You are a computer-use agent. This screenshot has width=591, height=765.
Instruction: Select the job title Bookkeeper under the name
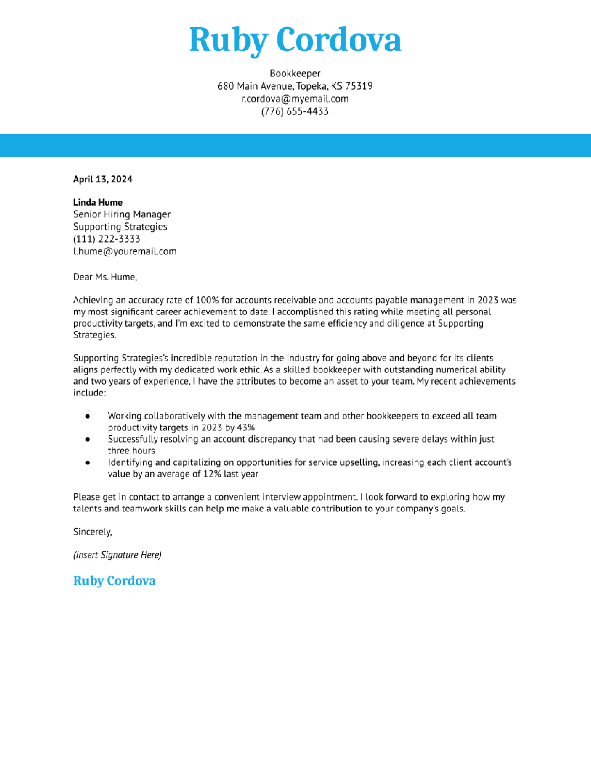pos(295,73)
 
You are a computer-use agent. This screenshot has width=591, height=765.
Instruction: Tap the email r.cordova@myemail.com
pos(295,99)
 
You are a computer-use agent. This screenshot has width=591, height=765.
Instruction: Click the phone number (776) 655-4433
pos(295,111)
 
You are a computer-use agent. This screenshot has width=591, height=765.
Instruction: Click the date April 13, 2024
pos(103,179)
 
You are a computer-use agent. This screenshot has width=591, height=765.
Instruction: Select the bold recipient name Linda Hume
pos(98,202)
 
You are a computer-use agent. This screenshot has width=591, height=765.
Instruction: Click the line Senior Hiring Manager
pos(121,214)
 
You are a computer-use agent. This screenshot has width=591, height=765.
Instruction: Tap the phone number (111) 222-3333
pos(107,239)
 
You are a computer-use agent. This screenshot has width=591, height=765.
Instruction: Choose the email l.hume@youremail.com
pos(125,251)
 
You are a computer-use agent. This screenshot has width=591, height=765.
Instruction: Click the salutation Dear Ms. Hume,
pos(105,277)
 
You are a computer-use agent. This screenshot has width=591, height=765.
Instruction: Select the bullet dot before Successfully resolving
pos(88,439)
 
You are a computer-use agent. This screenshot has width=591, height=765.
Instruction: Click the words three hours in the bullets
pos(131,451)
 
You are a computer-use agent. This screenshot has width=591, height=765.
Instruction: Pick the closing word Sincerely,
pos(92,532)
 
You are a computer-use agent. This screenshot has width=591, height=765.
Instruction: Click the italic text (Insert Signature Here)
pos(117,555)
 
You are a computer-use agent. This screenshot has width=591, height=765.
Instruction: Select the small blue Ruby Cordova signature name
pos(114,581)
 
